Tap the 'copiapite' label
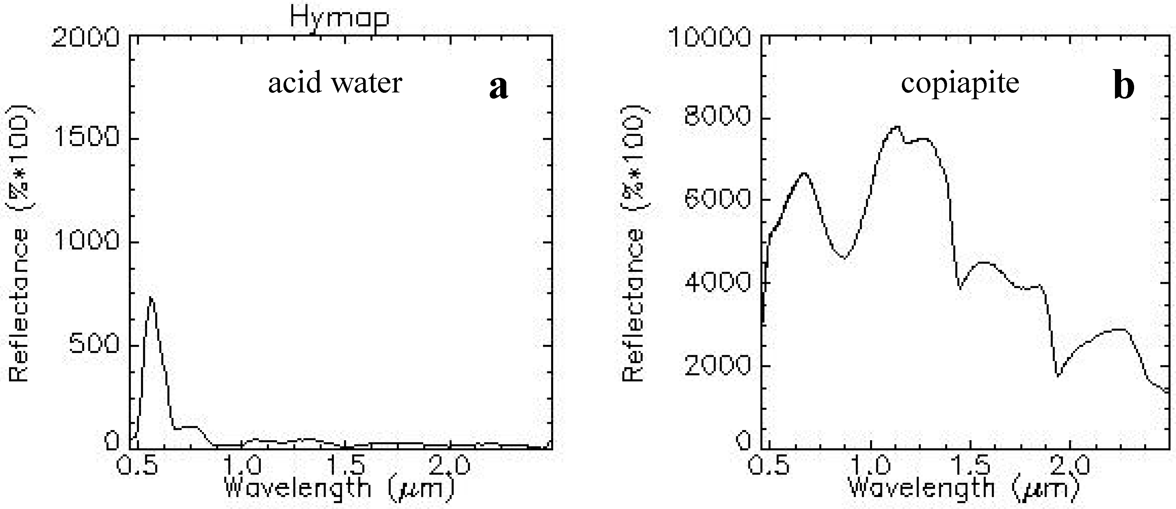(x=960, y=83)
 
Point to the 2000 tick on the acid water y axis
(x=85, y=37)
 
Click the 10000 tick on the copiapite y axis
(x=709, y=37)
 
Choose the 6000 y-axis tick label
(x=717, y=199)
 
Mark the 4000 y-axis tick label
(x=717, y=282)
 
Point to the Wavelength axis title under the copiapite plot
(x=964, y=488)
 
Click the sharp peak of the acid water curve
(x=151, y=297)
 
